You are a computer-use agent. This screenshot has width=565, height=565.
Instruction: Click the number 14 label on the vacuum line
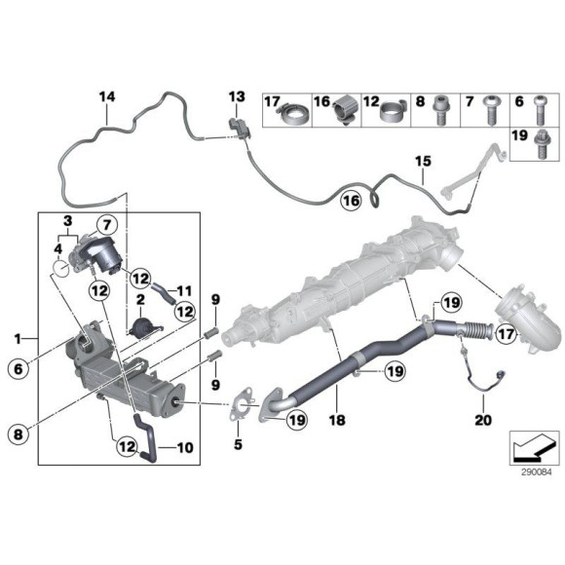click(106, 95)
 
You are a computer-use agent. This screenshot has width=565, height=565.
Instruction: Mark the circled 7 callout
click(105, 227)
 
